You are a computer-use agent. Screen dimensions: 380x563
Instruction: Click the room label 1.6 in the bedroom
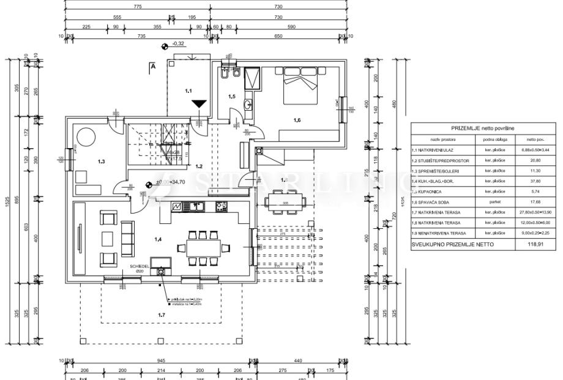pyautogui.click(x=297, y=120)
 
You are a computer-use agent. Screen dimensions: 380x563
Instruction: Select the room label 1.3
pyautogui.click(x=102, y=162)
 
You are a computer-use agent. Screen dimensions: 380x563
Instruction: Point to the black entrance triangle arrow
pyautogui.click(x=198, y=104)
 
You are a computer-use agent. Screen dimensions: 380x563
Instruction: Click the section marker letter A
pyautogui.click(x=153, y=66)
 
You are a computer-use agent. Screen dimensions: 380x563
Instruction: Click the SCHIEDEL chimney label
pyautogui.click(x=140, y=266)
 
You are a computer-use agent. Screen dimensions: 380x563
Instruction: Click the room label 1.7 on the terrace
pyautogui.click(x=161, y=315)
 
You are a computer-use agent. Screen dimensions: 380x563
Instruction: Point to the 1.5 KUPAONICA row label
pyautogui.click(x=434, y=191)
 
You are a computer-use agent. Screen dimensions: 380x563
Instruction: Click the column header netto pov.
pyautogui.click(x=528, y=140)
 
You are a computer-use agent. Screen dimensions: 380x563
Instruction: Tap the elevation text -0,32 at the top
pyautogui.click(x=179, y=45)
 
